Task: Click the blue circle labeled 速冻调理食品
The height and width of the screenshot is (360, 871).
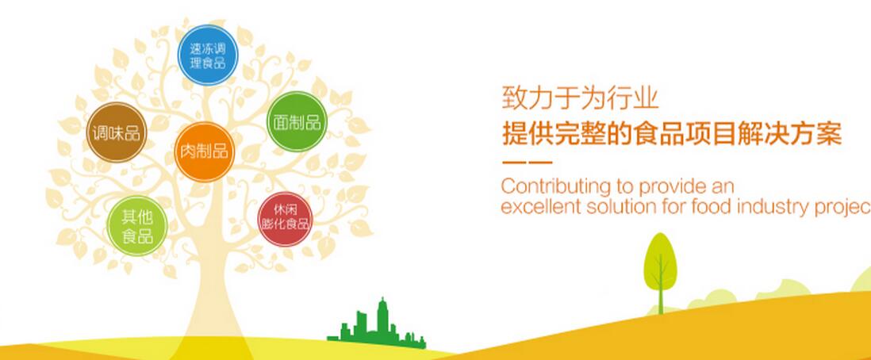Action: [208, 55]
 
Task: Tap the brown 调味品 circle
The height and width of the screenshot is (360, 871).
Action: [117, 132]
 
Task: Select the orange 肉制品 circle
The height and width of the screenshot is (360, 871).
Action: [204, 151]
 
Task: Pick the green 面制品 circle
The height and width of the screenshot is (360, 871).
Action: [297, 121]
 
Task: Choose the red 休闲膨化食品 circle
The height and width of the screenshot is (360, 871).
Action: [285, 219]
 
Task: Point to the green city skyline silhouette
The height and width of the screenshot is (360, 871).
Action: [377, 325]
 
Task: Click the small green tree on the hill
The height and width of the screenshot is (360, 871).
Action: [661, 272]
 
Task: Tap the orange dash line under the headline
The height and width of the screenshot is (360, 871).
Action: [527, 163]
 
